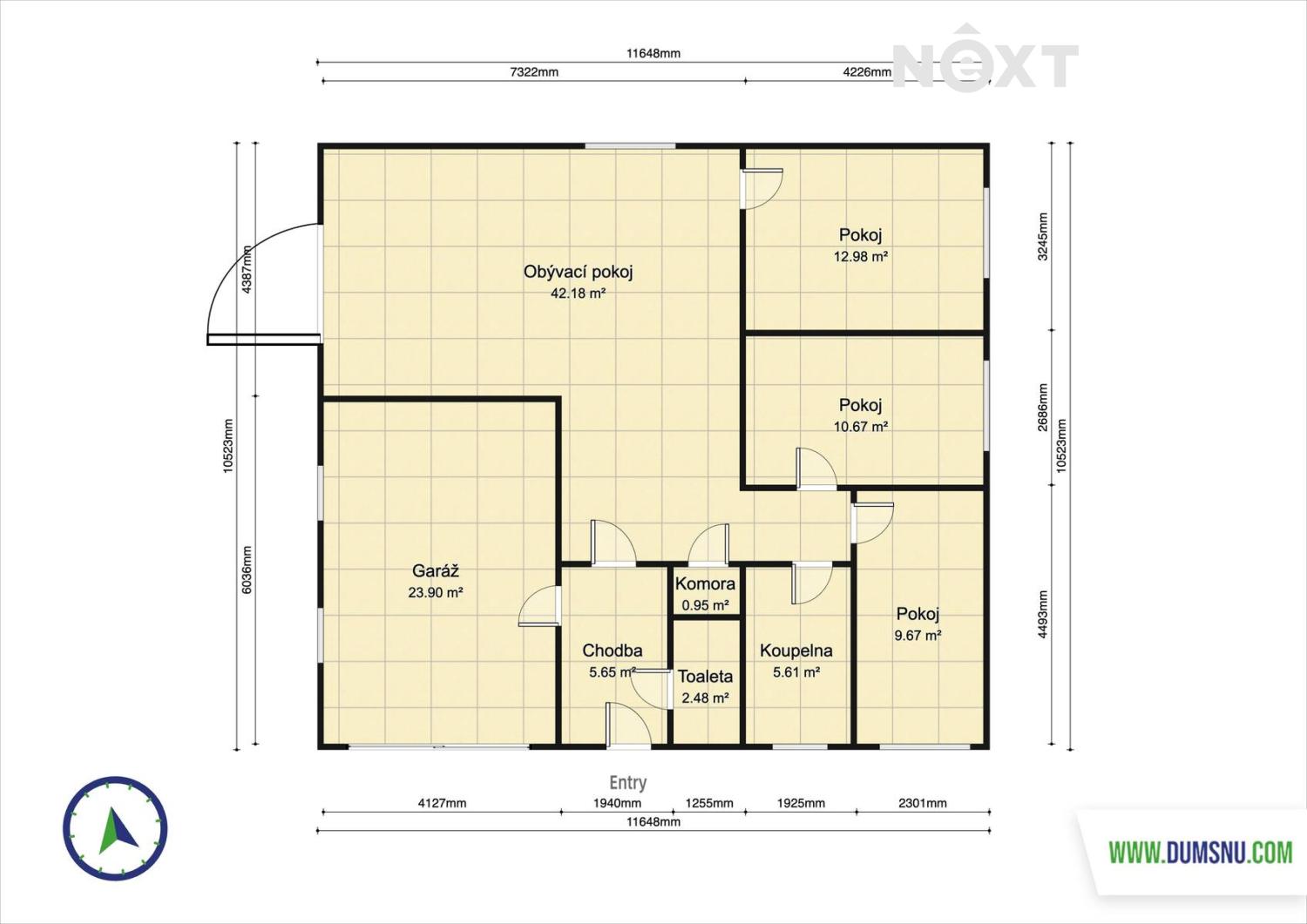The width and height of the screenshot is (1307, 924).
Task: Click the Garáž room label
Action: pyautogui.click(x=436, y=570)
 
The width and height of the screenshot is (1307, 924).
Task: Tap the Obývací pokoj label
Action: pyautogui.click(x=578, y=272)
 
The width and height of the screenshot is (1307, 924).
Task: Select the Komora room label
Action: pyautogui.click(x=705, y=583)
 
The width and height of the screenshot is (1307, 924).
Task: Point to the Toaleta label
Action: pyautogui.click(x=705, y=677)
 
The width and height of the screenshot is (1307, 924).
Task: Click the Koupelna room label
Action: pyautogui.click(x=796, y=651)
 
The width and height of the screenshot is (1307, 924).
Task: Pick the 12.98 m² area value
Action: pyautogui.click(x=861, y=257)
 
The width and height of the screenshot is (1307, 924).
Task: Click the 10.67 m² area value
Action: pyautogui.click(x=861, y=427)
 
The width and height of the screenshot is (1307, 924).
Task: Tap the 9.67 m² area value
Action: pyautogui.click(x=918, y=635)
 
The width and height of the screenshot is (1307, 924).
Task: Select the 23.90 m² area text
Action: pyautogui.click(x=436, y=593)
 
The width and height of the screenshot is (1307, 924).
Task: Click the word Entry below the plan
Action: pyautogui.click(x=628, y=782)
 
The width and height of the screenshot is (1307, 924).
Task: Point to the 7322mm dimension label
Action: pyautogui.click(x=534, y=72)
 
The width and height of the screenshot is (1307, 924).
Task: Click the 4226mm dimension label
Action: pyautogui.click(x=867, y=72)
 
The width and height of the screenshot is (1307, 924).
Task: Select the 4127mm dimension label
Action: pyautogui.click(x=443, y=803)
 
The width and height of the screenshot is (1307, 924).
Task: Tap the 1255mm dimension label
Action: pyautogui.click(x=709, y=803)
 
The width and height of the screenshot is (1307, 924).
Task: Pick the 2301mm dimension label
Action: pyautogui.click(x=923, y=803)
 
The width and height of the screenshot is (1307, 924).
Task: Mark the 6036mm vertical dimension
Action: pyautogui.click(x=247, y=570)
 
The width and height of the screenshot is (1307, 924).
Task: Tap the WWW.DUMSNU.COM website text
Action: pyautogui.click(x=1201, y=853)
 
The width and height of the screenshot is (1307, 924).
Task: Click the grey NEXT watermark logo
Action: pyautogui.click(x=985, y=59)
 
